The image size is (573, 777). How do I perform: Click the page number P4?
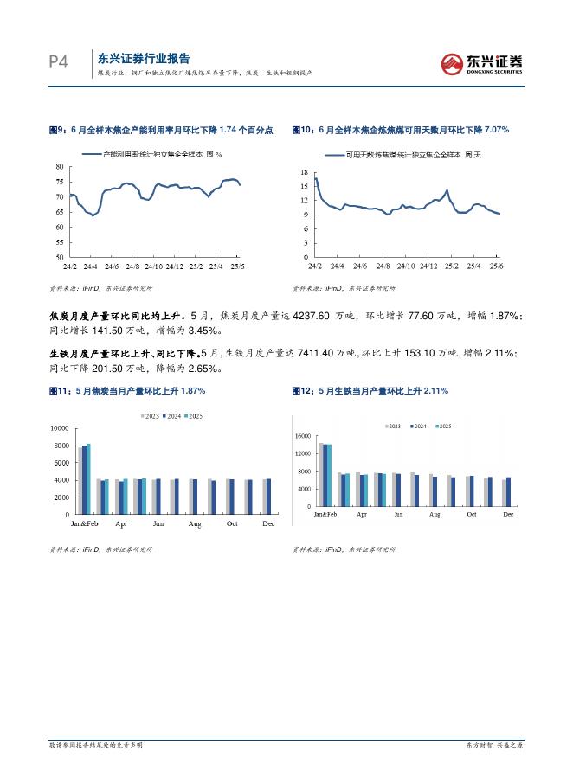[57, 62]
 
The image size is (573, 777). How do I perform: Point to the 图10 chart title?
[401, 130]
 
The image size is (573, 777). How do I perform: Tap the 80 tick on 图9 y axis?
[59, 166]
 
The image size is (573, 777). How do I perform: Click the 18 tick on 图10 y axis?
[304, 173]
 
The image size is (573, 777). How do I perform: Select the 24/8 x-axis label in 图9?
[132, 266]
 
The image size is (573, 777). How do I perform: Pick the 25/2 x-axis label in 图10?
[451, 266]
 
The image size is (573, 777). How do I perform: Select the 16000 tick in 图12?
[301, 436]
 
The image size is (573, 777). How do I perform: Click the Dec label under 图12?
[508, 515]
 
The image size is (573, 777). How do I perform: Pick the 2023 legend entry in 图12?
[391, 427]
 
